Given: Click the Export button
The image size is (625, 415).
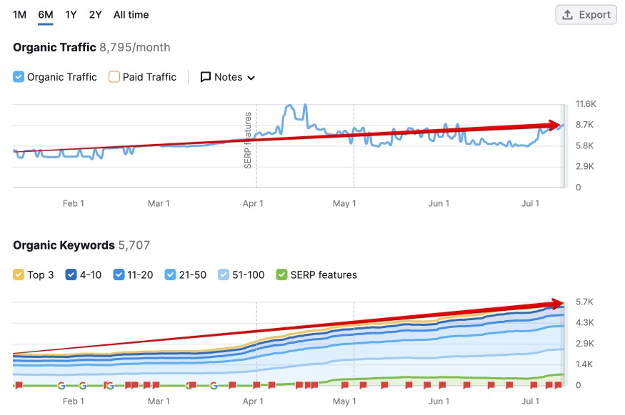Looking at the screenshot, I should tap(586, 14).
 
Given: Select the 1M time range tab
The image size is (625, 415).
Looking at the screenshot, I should tap(19, 14).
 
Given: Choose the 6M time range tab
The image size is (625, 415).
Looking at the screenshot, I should tap(46, 14).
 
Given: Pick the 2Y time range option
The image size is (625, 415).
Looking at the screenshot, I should tap(96, 14).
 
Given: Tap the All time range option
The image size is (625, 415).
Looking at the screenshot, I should tap(131, 14).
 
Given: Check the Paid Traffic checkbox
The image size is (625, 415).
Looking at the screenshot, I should tap(114, 77).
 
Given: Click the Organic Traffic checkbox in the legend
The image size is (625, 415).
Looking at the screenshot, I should tap(19, 77).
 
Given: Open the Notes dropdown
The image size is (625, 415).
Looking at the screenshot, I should tap(227, 77).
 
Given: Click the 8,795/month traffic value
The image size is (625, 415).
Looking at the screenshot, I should tap(135, 48).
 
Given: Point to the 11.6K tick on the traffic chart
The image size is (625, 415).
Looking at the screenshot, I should tap(586, 104).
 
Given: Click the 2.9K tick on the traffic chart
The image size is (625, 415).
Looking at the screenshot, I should tap(586, 166).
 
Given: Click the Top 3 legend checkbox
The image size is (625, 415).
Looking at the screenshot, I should tap(19, 275).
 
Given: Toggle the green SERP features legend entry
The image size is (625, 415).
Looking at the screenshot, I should tap(281, 275).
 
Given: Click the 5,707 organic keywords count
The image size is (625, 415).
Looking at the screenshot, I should tap(134, 245).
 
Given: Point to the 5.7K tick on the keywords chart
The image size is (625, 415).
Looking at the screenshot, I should tap(585, 302).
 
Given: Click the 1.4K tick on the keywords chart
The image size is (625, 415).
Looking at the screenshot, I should tap(585, 364).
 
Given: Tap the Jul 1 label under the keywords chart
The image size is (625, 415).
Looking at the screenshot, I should tap(530, 401).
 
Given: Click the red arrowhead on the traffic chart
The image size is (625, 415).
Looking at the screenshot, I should tap(555, 125).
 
